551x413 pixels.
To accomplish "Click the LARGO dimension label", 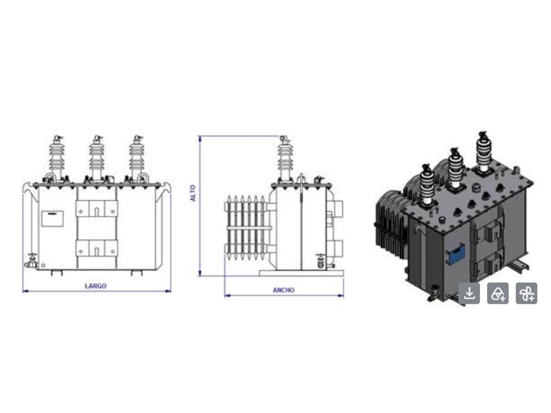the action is (96, 286).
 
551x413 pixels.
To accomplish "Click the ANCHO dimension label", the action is (284, 290).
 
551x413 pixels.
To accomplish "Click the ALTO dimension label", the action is (193, 193).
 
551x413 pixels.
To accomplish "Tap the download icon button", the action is (469, 293).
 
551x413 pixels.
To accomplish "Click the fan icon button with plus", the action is (526, 293).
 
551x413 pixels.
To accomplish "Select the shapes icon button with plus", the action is (497, 293).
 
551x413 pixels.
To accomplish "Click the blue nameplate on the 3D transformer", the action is (455, 255).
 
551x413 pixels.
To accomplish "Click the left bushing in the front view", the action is (56, 159).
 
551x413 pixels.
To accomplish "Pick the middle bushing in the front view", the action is (96, 159).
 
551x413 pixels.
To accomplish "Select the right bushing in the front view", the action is (136, 159).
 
